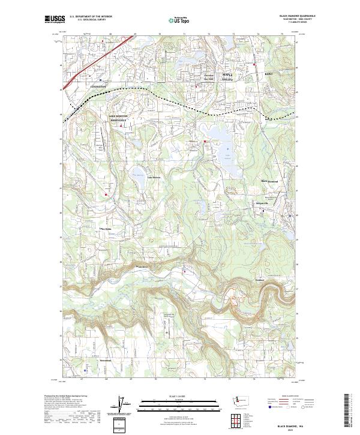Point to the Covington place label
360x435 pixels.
point(98,86)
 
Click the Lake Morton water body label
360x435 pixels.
point(154,177)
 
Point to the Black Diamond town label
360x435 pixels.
point(269,181)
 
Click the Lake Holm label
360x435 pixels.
point(107,229)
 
